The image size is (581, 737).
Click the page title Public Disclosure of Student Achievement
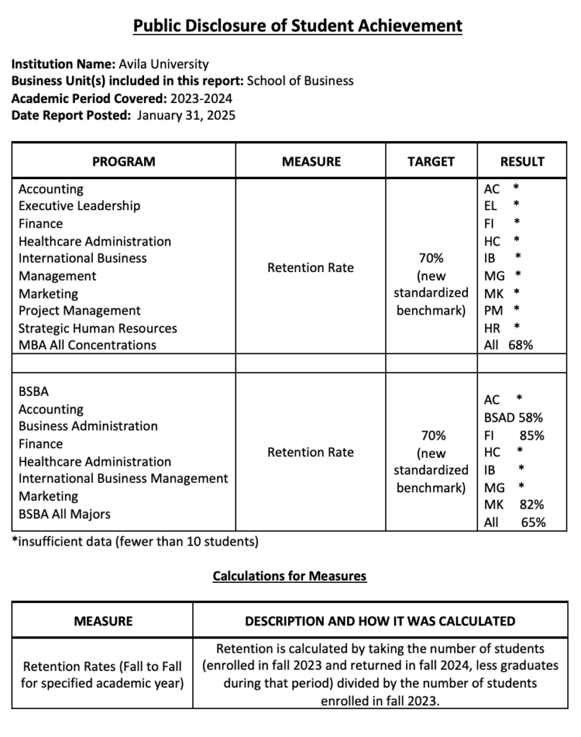pyautogui.click(x=297, y=26)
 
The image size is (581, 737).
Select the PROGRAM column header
pyautogui.click(x=123, y=161)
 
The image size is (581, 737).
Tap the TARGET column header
pyautogui.click(x=431, y=161)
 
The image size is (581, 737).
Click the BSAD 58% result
pyautogui.click(x=513, y=417)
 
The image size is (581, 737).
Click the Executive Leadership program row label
pyautogui.click(x=79, y=206)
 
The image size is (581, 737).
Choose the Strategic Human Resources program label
pyautogui.click(x=97, y=328)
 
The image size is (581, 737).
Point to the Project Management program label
pyautogui.click(x=79, y=311)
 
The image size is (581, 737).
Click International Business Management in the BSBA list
pyautogui.click(x=123, y=479)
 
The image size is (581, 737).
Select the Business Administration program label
pyautogui.click(x=88, y=426)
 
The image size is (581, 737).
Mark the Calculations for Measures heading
pyautogui.click(x=289, y=576)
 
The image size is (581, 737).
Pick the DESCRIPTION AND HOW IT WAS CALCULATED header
pyautogui.click(x=379, y=621)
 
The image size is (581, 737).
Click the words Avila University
pyautogui.click(x=163, y=63)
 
